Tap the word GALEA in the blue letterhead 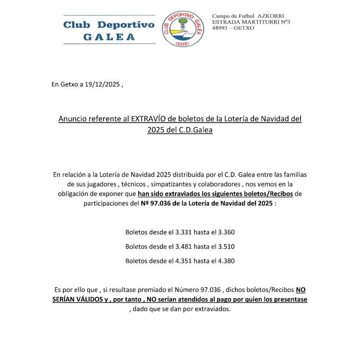pos(109,37)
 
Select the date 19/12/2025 pos(103,84)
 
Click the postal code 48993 pos(222,28)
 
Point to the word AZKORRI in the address pos(271,16)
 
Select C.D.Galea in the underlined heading pos(193,130)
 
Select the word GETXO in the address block pos(245,28)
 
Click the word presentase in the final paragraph pos(289,299)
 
